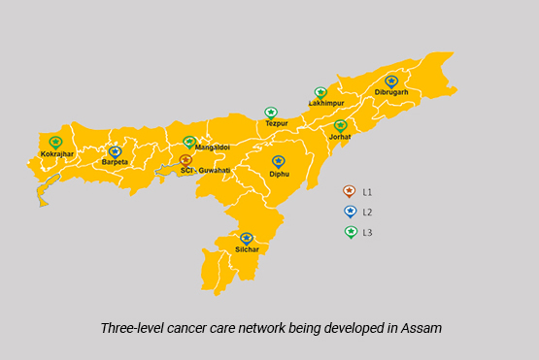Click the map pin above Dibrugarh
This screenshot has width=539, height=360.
pos(390,82)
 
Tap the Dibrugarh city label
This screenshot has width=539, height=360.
pos(390,93)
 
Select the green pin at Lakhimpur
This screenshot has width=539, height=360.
pos(320,93)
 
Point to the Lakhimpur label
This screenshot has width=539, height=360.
pos(326,103)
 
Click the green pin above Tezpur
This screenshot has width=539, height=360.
pos(271,113)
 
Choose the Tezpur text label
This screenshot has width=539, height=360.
pos(277,124)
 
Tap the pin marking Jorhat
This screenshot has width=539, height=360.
pos(340,126)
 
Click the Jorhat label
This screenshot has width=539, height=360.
pos(340,137)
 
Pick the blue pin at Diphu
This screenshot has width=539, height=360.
pos(279,162)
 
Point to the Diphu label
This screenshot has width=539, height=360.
pos(280,174)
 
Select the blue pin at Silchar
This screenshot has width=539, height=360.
pos(247,239)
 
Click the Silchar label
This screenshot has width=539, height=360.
pos(247,250)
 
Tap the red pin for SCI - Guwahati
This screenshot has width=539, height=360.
pos(185,159)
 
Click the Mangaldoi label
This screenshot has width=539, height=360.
pos(212,147)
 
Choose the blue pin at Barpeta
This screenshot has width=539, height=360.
pos(115,151)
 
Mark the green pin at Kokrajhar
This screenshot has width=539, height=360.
pos(55,143)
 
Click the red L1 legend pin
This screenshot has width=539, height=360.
pos(350,191)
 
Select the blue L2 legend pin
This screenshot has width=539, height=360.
pos(350,211)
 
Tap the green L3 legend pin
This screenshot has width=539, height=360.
pos(350,232)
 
